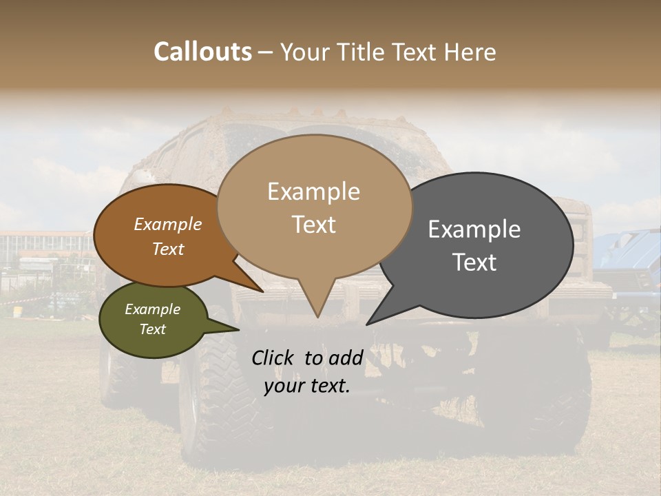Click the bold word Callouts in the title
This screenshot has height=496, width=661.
pyautogui.click(x=202, y=52)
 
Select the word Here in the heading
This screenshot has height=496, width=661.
pyautogui.click(x=470, y=52)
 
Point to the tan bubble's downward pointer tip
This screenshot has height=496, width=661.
pyautogui.click(x=317, y=316)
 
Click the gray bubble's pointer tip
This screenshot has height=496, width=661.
pyautogui.click(x=368, y=324)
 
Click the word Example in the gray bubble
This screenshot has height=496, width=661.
pyautogui.click(x=474, y=229)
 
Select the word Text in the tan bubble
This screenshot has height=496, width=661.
pyautogui.click(x=314, y=225)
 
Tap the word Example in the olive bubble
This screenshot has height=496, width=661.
pyautogui.click(x=152, y=309)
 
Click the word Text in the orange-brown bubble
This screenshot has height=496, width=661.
pyautogui.click(x=168, y=249)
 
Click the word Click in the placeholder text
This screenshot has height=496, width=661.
pyautogui.click(x=274, y=358)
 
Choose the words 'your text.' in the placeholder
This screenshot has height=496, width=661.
pyautogui.click(x=307, y=386)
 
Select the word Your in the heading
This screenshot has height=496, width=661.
pyautogui.click(x=308, y=52)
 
